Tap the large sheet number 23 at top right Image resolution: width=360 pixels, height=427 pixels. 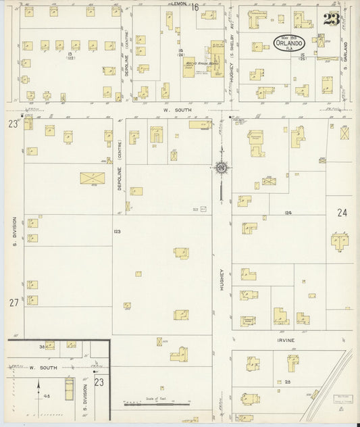[x=331, y=19]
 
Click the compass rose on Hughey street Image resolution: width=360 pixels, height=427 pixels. [x=221, y=167]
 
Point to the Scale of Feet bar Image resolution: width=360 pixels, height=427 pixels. [x=157, y=403]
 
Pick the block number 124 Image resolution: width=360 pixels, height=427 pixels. [x=288, y=214]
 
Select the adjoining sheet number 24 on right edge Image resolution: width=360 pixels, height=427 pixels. [x=342, y=213]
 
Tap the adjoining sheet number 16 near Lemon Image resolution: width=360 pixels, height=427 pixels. [x=195, y=7]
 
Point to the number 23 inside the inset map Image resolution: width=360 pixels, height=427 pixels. [x=99, y=382]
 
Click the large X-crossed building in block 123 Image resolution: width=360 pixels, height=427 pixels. [x=91, y=178]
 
